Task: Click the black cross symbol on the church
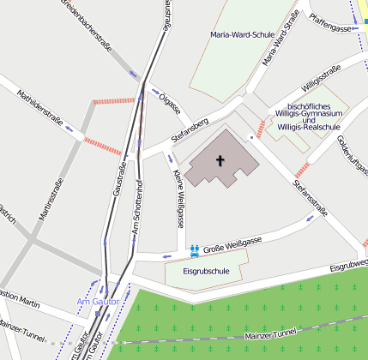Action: [x=220, y=160]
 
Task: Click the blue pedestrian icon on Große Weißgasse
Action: [x=196, y=249]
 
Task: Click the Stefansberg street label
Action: [x=190, y=129]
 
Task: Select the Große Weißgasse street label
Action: [x=232, y=245]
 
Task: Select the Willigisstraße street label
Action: [x=322, y=77]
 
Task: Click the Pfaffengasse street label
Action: [x=333, y=28]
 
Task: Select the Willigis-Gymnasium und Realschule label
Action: [x=309, y=113]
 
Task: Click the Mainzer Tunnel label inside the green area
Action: [x=269, y=333]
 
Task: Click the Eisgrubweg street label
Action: [x=350, y=267]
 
